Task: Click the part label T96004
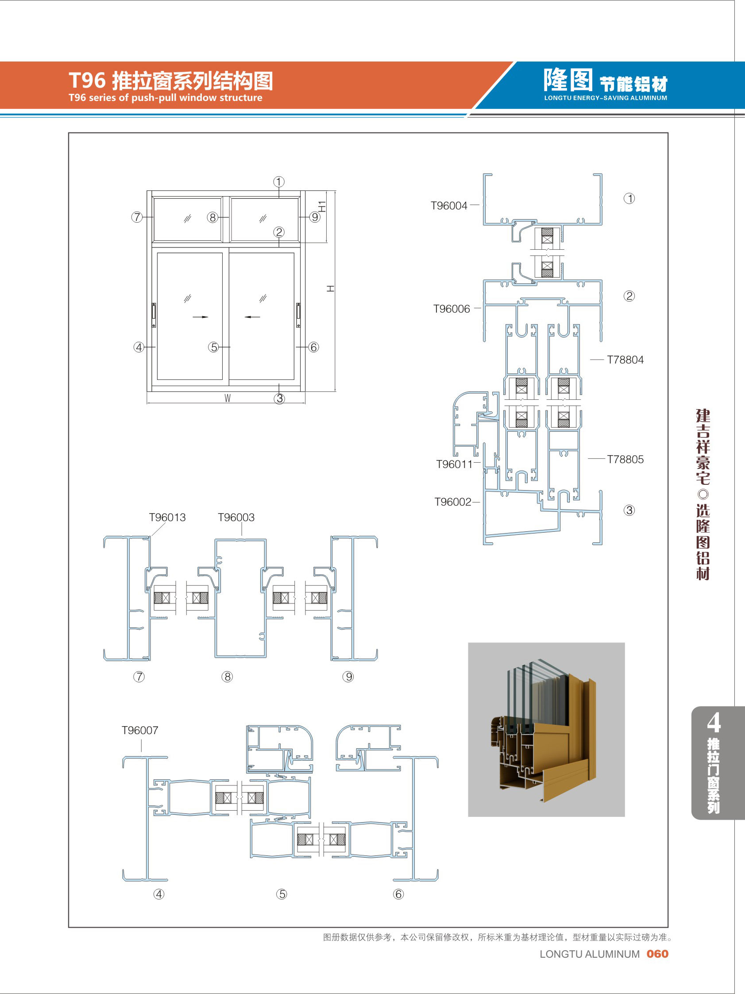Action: tap(449, 206)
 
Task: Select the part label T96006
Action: tap(451, 309)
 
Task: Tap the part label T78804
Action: tap(625, 360)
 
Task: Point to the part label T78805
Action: tap(625, 459)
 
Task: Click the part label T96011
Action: tap(454, 464)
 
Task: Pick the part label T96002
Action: tap(452, 502)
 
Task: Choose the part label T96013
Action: tap(167, 517)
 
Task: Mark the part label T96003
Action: tap(236, 517)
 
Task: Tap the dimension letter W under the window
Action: tap(228, 398)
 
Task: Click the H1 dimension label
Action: tap(322, 206)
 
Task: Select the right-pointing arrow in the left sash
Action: tap(201, 317)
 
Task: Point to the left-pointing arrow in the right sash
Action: tap(252, 317)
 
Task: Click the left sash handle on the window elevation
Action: tap(154, 315)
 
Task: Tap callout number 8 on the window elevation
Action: tap(212, 217)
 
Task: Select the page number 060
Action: tap(657, 954)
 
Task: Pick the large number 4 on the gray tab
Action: tap(714, 723)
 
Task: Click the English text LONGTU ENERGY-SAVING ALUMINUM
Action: tap(605, 98)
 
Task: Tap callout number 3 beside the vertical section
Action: tap(629, 510)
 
